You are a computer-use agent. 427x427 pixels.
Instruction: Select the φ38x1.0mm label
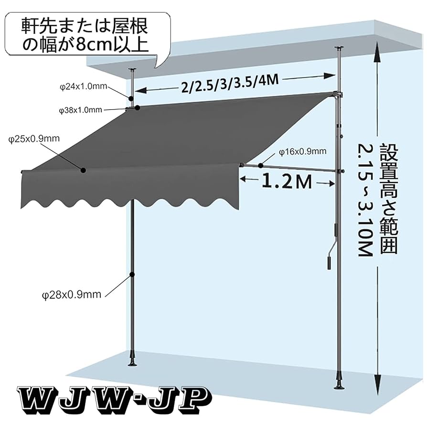click(x=81, y=110)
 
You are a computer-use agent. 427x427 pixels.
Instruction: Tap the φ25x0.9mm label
click(x=34, y=139)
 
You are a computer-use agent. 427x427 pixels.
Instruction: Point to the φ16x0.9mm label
click(x=303, y=152)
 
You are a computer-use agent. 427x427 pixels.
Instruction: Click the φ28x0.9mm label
click(x=72, y=295)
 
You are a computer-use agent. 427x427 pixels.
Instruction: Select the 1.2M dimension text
click(x=286, y=181)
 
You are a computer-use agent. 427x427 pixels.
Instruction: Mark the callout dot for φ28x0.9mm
click(x=132, y=275)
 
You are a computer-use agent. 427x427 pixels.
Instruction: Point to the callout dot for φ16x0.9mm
click(x=260, y=166)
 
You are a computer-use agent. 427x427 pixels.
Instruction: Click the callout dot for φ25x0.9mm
click(x=83, y=170)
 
